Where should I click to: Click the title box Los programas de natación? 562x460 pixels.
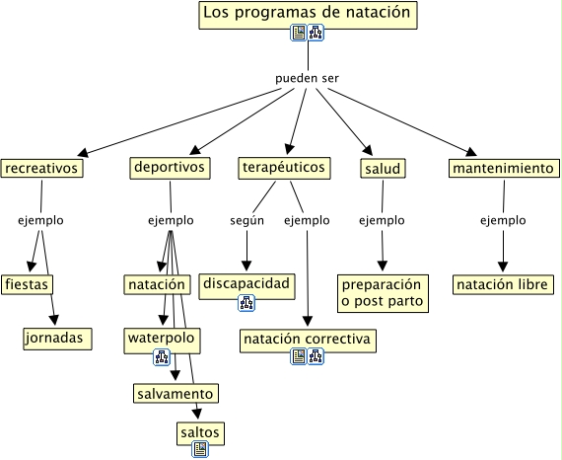[x=308, y=15]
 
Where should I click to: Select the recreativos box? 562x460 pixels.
[x=41, y=168]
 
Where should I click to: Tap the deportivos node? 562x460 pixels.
[x=170, y=168]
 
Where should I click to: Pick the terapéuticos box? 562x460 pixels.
[x=284, y=168]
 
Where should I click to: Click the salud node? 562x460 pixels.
[x=383, y=168]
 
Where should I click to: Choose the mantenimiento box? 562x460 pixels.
[x=504, y=168]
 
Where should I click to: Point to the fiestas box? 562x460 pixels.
[x=27, y=284]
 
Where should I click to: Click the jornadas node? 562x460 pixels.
[x=57, y=339]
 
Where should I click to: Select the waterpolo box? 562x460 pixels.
[x=162, y=341]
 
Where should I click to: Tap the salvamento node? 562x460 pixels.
[x=176, y=393]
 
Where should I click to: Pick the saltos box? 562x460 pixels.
[x=200, y=433]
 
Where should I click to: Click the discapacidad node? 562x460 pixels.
[x=246, y=286]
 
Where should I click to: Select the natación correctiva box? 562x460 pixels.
[x=308, y=341]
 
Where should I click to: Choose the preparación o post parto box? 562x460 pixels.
[x=383, y=293]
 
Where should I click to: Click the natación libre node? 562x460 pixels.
[x=503, y=284]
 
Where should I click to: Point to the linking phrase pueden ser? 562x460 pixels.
[x=307, y=78]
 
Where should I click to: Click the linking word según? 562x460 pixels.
[x=246, y=220]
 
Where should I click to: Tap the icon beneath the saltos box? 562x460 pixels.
[x=200, y=449]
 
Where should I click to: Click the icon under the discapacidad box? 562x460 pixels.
[x=246, y=303]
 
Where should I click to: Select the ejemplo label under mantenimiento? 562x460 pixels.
[x=503, y=220]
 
